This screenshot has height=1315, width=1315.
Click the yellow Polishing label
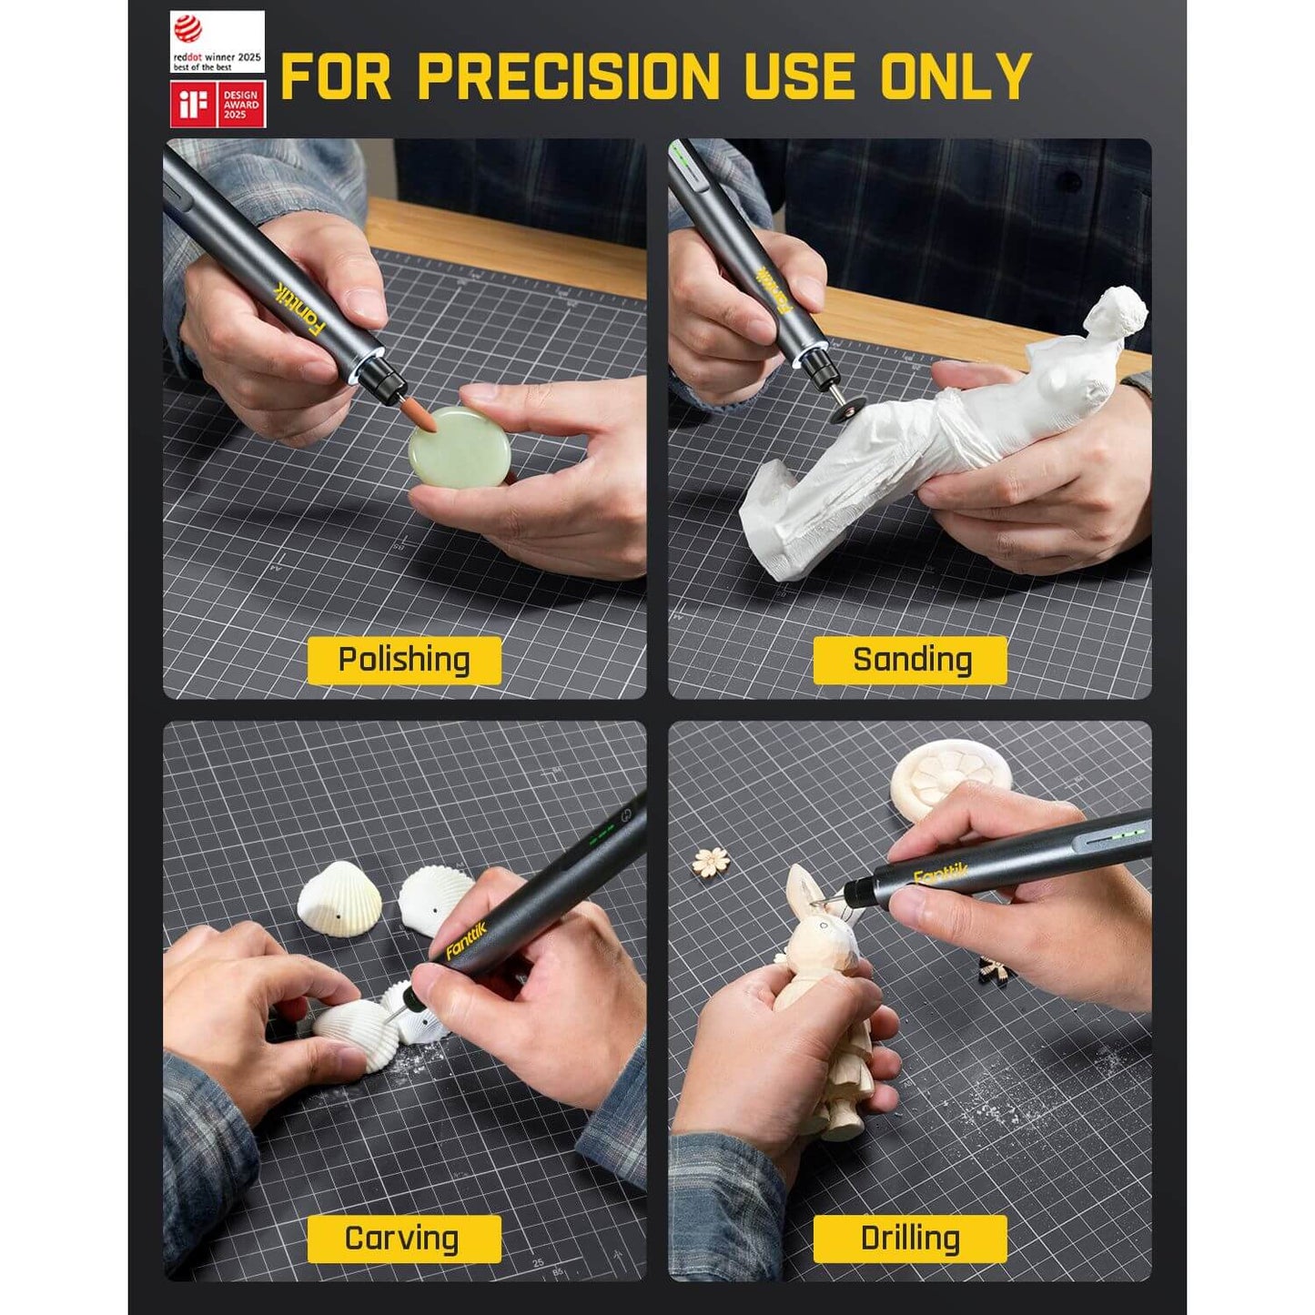[404, 660]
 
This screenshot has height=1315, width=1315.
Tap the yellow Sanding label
[910, 660]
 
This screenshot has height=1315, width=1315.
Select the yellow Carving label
[404, 1239]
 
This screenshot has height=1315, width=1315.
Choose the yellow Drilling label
[910, 1239]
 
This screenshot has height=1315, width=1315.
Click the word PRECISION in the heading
[569, 76]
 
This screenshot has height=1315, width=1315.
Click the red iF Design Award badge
[217, 105]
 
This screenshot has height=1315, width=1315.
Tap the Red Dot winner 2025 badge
[217, 42]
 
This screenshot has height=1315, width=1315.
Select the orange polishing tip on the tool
[420, 419]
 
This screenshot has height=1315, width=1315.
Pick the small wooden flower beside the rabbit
[711, 861]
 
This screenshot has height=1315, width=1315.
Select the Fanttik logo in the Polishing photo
[299, 309]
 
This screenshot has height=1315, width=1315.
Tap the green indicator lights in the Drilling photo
[1121, 838]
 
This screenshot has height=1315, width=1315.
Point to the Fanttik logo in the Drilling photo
[941, 875]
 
